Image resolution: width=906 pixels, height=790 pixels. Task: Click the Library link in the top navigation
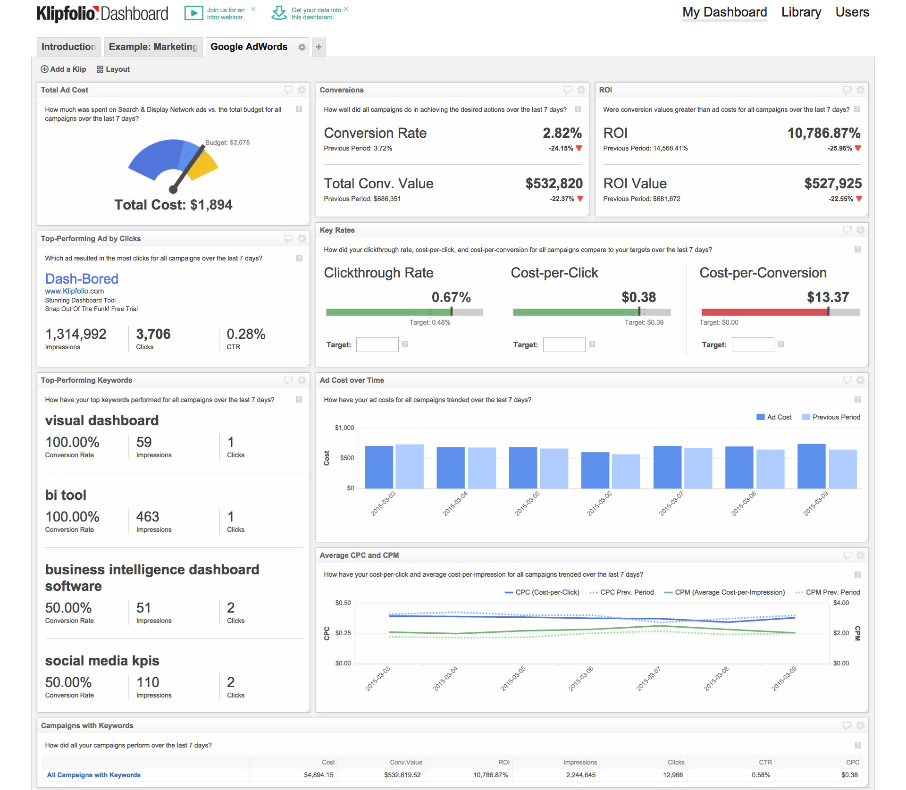(x=801, y=12)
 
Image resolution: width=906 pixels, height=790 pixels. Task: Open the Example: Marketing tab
(x=153, y=47)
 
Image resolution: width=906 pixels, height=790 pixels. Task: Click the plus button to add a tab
(x=319, y=47)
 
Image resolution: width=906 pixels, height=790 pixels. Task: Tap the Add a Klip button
(x=64, y=69)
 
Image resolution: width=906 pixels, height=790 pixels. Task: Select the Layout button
(x=113, y=69)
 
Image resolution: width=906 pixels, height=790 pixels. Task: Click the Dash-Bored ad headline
(x=82, y=279)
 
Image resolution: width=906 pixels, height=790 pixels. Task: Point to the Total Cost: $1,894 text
(x=173, y=205)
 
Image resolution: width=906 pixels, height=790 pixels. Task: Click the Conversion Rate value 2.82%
(x=562, y=133)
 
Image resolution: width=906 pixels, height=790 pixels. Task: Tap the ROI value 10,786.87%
(x=823, y=133)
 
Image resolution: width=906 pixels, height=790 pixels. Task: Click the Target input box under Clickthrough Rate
(x=377, y=345)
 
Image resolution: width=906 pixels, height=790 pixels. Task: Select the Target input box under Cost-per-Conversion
(x=753, y=345)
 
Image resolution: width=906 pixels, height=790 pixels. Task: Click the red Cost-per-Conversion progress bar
(x=764, y=312)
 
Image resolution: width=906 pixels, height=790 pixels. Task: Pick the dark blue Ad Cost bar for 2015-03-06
(x=595, y=470)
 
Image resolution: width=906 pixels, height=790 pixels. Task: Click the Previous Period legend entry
(x=831, y=417)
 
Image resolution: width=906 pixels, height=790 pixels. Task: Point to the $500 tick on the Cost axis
(x=347, y=458)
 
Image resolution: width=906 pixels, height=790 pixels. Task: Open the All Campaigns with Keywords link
(x=94, y=775)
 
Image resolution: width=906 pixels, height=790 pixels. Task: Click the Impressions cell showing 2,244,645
(x=580, y=775)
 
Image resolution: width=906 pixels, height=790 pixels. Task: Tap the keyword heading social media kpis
(x=102, y=661)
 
